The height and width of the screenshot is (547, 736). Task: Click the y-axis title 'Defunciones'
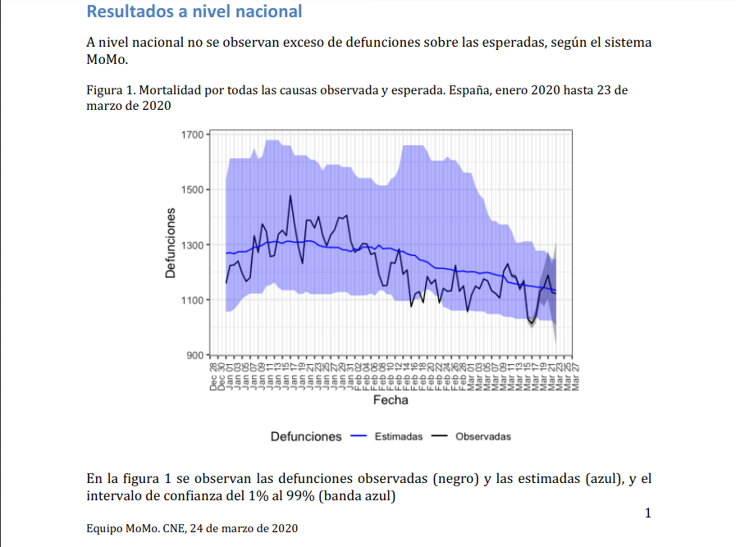pos(171,243)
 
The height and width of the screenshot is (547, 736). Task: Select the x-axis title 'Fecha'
pos(391,400)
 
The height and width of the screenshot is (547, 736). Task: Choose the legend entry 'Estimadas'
pos(398,436)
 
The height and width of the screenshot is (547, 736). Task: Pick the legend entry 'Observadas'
pos(482,436)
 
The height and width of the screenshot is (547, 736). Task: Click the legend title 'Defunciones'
pos(306,436)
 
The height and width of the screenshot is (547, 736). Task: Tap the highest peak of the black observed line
pos(290,195)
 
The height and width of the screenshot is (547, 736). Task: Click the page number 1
pos(647,513)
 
